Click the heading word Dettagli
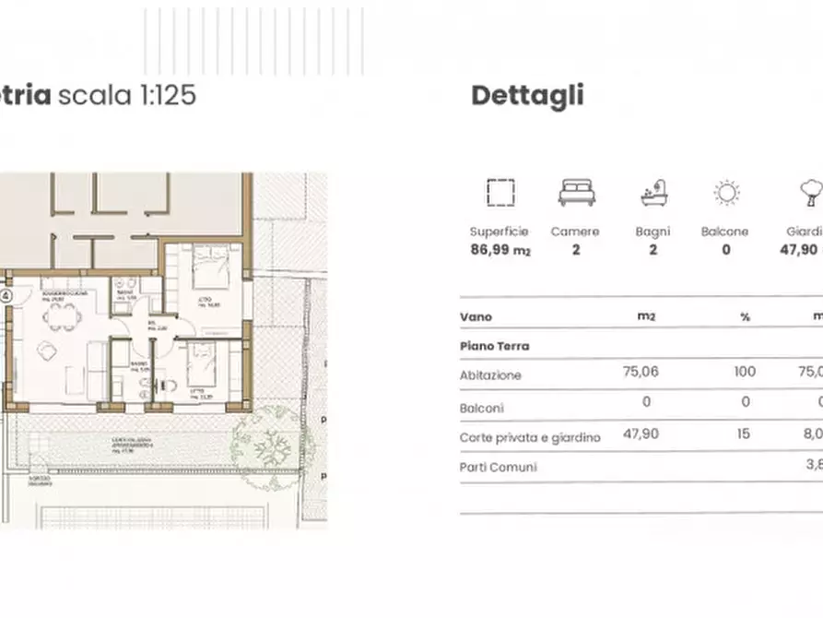(x=527, y=96)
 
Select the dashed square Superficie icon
(x=500, y=193)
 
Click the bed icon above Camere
(x=576, y=193)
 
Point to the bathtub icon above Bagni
(x=653, y=193)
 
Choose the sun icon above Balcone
(x=726, y=193)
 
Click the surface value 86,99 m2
(x=500, y=249)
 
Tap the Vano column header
(x=476, y=317)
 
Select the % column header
(x=745, y=317)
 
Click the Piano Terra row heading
(x=494, y=346)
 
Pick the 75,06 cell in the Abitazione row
(x=641, y=372)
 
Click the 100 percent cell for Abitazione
(x=745, y=372)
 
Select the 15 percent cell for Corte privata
(x=745, y=434)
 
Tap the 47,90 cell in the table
(x=641, y=434)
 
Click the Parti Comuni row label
(x=498, y=467)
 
